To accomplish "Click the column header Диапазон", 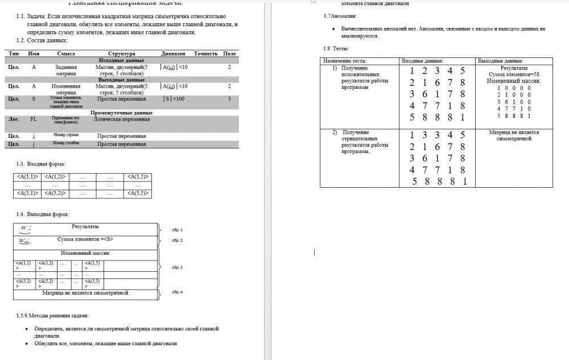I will coord(173,53).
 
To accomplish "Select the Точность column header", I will coord(205,53).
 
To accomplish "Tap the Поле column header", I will coord(229,53).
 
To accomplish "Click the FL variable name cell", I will coord(34,119).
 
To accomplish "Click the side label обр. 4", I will coord(177,292).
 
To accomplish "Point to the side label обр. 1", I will coord(177,230).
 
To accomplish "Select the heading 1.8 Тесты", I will coord(336,49).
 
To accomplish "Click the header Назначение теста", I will coord(345,61).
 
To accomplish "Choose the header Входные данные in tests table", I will coord(422,61).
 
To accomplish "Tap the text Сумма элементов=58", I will coord(513,75).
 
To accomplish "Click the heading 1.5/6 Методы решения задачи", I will coord(52,316).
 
